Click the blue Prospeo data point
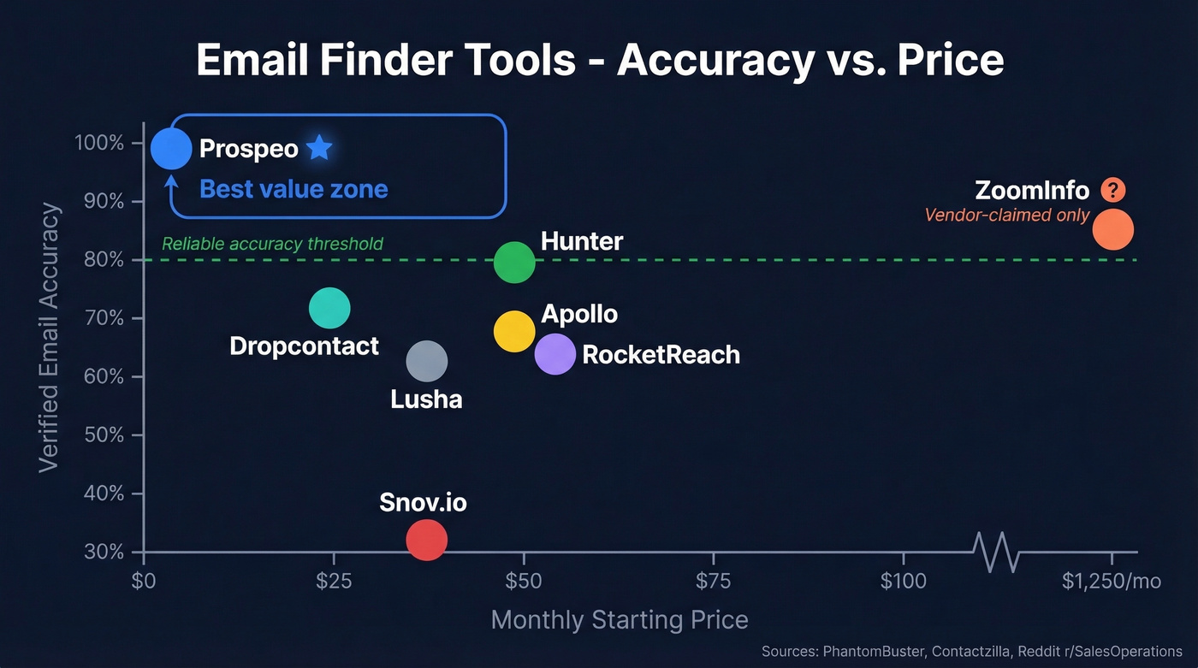[x=171, y=149]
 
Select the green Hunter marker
[x=514, y=262]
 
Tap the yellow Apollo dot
[x=514, y=331]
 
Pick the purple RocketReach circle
[x=555, y=353]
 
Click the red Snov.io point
[x=426, y=540]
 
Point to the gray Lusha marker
[x=426, y=361]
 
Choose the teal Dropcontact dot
[x=329, y=308]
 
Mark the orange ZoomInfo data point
[x=1112, y=228]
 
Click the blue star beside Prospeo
[x=319, y=148]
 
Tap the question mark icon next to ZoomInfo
[x=1112, y=190]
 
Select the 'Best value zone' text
[x=294, y=189]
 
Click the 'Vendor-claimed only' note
[x=1007, y=215]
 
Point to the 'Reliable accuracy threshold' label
[x=272, y=244]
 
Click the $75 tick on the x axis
[x=713, y=582]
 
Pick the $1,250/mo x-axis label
[x=1112, y=582]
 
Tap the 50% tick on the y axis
[x=104, y=435]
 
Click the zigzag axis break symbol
[x=997, y=552]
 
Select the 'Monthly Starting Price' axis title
[x=620, y=620]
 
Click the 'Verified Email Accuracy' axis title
[x=50, y=336]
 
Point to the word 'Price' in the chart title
[x=951, y=62]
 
